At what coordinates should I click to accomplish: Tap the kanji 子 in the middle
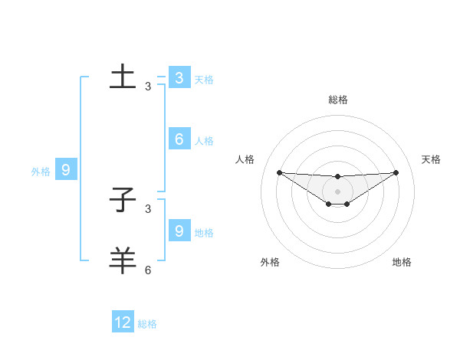click(x=123, y=200)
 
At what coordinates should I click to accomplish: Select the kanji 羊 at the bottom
click(x=123, y=260)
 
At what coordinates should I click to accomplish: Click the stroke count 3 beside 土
click(x=148, y=87)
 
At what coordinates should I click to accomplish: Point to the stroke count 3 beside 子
click(x=148, y=208)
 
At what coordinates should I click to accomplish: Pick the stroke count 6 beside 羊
click(x=148, y=270)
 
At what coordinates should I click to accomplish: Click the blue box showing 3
click(x=179, y=78)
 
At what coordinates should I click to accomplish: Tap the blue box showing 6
click(x=179, y=139)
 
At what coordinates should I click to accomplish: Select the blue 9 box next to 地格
click(x=179, y=231)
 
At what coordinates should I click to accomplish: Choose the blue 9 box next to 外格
click(x=66, y=170)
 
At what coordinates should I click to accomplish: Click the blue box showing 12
click(x=123, y=322)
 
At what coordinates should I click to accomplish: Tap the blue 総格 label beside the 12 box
click(x=147, y=324)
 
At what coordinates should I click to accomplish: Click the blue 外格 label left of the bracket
click(x=41, y=172)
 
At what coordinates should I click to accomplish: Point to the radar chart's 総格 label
click(x=337, y=100)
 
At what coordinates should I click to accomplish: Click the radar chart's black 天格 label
click(x=432, y=159)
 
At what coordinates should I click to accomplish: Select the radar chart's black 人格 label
click(x=245, y=159)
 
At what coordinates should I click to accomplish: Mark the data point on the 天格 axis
click(x=396, y=172)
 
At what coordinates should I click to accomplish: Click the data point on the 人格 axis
click(x=279, y=172)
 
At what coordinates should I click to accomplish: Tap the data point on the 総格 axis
click(x=337, y=177)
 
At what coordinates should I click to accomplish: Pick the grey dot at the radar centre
click(x=337, y=191)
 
